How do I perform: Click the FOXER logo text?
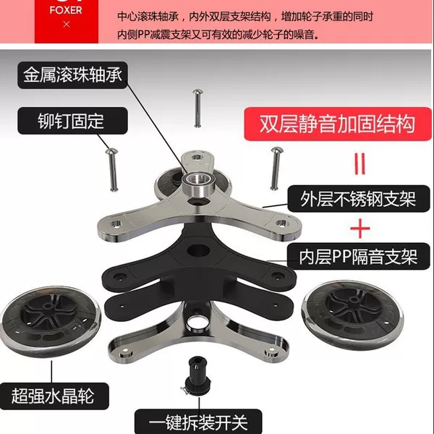click(x=66, y=10)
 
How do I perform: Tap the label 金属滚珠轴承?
click(x=72, y=75)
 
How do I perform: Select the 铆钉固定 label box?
click(x=72, y=121)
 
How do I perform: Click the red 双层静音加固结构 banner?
click(x=337, y=124)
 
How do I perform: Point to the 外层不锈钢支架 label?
click(x=359, y=198)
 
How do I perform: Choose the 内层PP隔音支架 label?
click(x=359, y=257)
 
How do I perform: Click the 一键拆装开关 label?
click(x=198, y=422)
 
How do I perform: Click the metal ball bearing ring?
click(x=198, y=183)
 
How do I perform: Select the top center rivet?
click(x=197, y=108)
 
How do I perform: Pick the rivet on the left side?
click(x=112, y=169)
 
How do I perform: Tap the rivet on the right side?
click(x=276, y=169)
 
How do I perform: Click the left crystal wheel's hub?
click(x=48, y=307)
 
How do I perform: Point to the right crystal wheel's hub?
click(x=353, y=299)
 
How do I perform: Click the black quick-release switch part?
click(x=196, y=375)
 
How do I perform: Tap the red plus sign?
click(x=360, y=229)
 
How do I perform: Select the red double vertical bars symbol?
click(x=359, y=164)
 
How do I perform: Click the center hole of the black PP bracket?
click(x=198, y=250)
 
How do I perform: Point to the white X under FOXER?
click(x=66, y=25)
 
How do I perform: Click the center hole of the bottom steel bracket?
click(x=198, y=323)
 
